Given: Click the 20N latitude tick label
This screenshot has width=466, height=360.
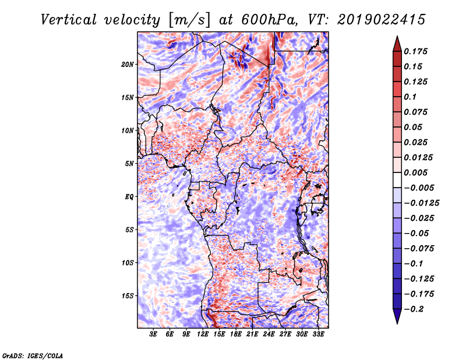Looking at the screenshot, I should click(x=128, y=64).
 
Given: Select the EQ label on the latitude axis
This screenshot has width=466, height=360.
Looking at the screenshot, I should click(x=129, y=196).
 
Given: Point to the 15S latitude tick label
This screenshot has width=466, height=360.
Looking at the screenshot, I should click(x=128, y=295).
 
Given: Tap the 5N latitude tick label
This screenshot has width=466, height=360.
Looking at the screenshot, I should click(x=130, y=163).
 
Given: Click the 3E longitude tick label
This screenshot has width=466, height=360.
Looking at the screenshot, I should click(x=154, y=334).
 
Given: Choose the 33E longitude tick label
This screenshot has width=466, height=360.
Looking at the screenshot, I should click(x=318, y=334).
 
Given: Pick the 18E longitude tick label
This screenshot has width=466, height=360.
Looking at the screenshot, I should click(x=236, y=334).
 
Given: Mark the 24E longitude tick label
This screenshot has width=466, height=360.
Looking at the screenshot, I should click(x=269, y=334).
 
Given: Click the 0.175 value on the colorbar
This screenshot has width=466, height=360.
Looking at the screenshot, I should click(x=418, y=51).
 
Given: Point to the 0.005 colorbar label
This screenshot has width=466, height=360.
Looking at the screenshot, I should click(x=418, y=172).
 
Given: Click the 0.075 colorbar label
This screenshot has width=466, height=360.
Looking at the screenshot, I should click(x=418, y=112).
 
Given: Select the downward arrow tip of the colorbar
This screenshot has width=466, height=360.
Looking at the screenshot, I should click(x=396, y=322).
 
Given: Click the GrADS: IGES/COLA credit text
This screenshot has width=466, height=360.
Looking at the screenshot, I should click(x=32, y=355).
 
